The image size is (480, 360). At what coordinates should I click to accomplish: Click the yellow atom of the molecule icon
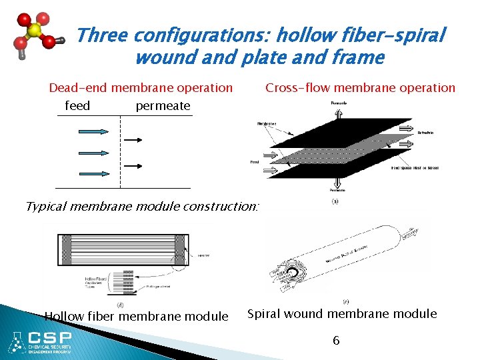pyautogui.click(x=35, y=31)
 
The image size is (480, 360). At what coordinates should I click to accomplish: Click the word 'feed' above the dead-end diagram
pyautogui.click(x=77, y=105)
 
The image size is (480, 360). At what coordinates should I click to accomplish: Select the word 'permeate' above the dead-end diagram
pyautogui.click(x=163, y=105)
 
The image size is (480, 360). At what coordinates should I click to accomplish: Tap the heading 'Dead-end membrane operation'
pyautogui.click(x=141, y=87)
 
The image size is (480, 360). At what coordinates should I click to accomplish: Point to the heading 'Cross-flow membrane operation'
pyautogui.click(x=360, y=87)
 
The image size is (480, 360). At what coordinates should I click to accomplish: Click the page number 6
pyautogui.click(x=336, y=341)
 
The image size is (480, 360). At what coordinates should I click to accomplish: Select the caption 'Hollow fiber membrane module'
pyautogui.click(x=136, y=316)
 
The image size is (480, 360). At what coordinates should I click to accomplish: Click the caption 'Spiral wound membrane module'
pyautogui.click(x=342, y=313)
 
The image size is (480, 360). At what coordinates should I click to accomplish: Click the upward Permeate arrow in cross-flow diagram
pyautogui.click(x=339, y=113)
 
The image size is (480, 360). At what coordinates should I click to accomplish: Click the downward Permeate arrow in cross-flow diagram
pyautogui.click(x=339, y=183)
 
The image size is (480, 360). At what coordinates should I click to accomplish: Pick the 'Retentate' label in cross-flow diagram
pyautogui.click(x=425, y=133)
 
